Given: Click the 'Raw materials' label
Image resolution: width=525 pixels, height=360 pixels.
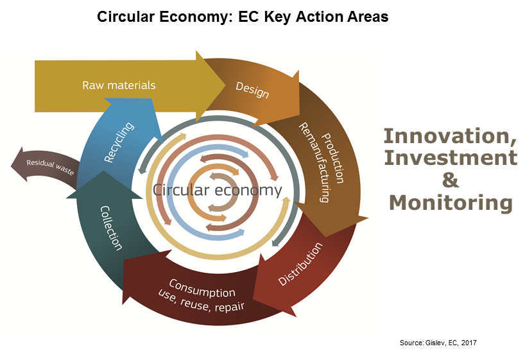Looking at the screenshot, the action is pos(119,85).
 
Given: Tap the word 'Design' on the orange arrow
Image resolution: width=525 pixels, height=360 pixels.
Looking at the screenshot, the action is pos(252,90).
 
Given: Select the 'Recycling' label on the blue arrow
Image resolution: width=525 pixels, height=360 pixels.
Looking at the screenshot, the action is pos(119,142).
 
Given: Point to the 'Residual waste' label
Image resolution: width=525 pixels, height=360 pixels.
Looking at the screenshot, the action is pos(50,167).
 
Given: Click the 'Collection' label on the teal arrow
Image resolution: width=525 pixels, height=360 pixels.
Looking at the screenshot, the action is pos(111,228).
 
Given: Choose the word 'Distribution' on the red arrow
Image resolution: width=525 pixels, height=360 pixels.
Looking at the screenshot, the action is pos(300,264).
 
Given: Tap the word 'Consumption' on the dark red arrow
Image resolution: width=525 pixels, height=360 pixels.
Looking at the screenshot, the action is pos(202,288).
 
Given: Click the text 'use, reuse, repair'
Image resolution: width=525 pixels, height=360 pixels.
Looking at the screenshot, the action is pos(201,302).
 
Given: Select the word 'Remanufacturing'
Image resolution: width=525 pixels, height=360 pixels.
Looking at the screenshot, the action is pos(314,162).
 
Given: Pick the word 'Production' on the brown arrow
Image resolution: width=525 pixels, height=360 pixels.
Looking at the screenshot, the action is pos(332,158).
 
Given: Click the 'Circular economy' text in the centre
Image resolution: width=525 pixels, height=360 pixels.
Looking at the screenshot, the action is pos(218,190).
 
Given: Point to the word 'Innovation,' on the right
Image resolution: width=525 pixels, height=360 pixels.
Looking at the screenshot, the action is pos(450,137).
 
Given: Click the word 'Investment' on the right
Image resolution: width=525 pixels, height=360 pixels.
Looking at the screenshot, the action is pos(451,158).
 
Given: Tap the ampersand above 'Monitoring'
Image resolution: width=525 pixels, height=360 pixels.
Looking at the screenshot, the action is pos(451,180).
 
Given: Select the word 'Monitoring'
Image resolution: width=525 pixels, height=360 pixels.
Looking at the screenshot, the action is pos(451,203).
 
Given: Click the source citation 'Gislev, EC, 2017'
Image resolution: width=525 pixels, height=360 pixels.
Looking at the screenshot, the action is pos(451,343).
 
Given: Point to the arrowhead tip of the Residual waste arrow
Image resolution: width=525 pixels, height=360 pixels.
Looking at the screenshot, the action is pos(11,164).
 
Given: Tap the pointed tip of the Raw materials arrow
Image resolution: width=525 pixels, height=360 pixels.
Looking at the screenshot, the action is pos(225,86).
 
